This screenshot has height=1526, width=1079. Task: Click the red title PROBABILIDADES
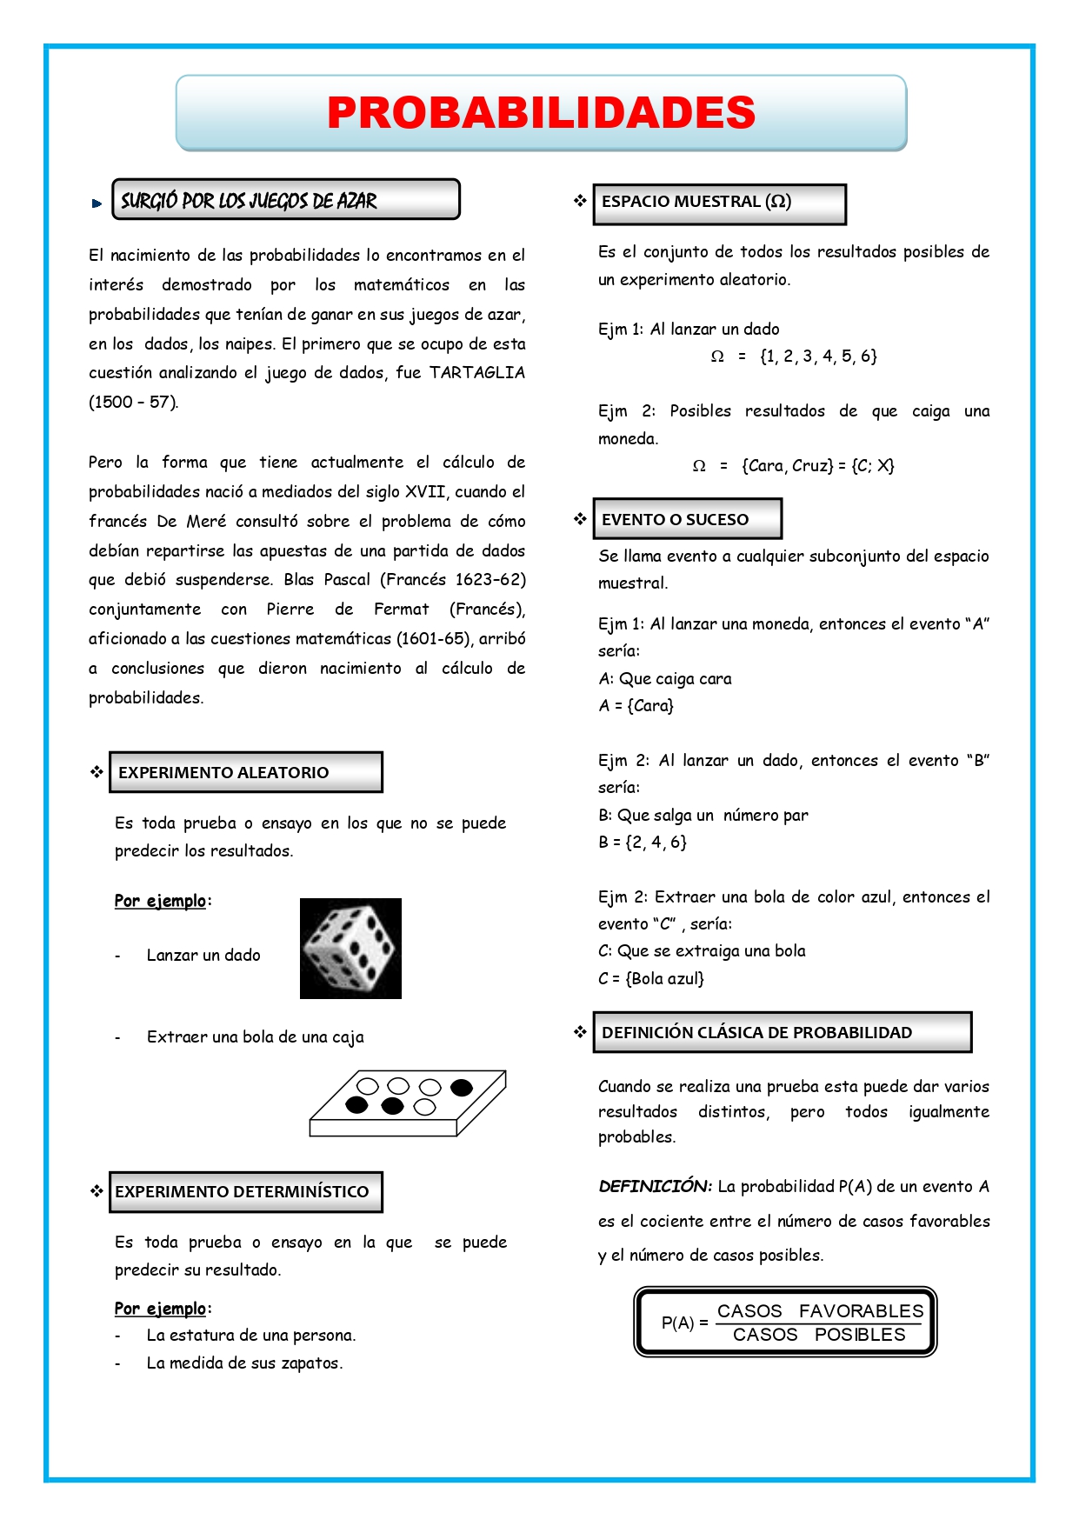click(541, 113)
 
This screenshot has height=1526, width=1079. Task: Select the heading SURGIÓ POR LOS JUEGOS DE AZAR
click(249, 201)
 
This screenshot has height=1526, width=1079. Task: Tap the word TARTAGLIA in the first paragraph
click(477, 372)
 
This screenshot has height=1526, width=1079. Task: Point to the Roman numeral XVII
click(425, 491)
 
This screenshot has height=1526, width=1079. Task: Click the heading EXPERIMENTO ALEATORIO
click(223, 772)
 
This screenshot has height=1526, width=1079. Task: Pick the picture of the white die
click(350, 949)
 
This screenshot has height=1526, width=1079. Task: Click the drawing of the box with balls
click(407, 1103)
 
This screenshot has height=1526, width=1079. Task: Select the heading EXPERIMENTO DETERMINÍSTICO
click(242, 1191)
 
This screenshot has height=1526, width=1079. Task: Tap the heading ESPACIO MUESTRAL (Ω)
click(696, 202)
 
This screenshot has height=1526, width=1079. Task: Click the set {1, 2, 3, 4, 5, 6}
click(818, 356)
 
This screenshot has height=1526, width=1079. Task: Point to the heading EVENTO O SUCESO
click(675, 519)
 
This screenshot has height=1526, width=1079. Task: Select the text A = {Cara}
click(636, 705)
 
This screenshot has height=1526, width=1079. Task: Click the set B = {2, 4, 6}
click(643, 842)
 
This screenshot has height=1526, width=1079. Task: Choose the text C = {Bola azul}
click(651, 978)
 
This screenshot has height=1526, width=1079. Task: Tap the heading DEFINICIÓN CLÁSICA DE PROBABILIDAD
click(756, 1032)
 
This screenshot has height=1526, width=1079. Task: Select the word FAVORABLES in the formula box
click(861, 1310)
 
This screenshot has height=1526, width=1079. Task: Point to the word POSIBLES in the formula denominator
click(860, 1335)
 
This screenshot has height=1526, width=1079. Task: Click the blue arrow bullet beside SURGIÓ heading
click(97, 203)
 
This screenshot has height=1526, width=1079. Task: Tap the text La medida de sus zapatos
click(244, 1363)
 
